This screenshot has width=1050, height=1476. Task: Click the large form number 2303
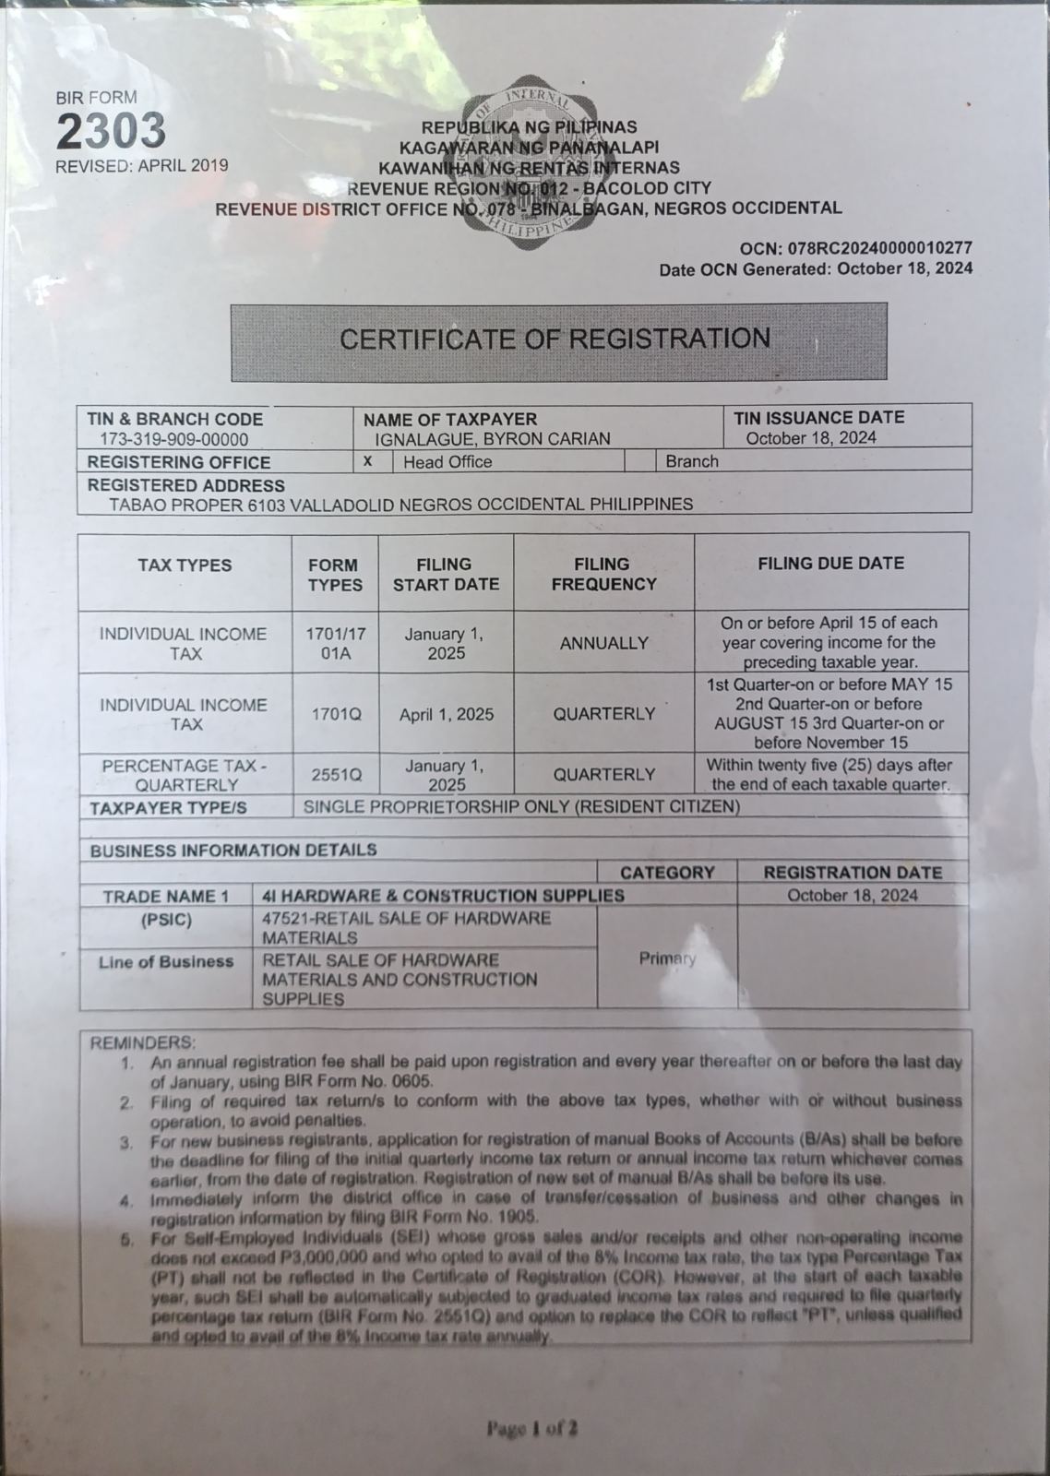[x=111, y=131]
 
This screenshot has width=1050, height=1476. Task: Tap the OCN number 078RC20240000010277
[x=878, y=248]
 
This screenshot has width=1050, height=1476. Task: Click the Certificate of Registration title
[x=555, y=339]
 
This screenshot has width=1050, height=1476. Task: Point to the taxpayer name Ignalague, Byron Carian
[x=493, y=439]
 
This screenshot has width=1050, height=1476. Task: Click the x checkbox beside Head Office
[x=368, y=461]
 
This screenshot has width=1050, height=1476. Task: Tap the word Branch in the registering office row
[x=692, y=461]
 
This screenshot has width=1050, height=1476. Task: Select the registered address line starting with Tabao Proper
[x=400, y=505]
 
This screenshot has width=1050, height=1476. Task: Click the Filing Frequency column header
[x=603, y=574]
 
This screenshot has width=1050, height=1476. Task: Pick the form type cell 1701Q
[x=336, y=714]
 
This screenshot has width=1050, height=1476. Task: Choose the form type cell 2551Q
[x=336, y=775]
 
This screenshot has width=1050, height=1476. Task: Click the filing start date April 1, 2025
[x=447, y=714]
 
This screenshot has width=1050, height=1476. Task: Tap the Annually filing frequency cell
[x=603, y=643]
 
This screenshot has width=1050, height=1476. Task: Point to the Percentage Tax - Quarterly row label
[x=185, y=775]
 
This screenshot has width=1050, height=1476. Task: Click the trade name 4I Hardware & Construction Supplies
[x=443, y=896]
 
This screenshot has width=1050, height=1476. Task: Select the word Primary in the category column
[x=667, y=958]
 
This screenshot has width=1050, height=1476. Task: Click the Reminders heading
[x=142, y=1042]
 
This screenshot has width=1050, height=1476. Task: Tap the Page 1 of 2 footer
[x=532, y=1429]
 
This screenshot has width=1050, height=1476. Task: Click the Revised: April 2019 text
[x=141, y=166]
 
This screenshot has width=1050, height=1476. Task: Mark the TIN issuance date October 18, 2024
[x=811, y=438]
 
